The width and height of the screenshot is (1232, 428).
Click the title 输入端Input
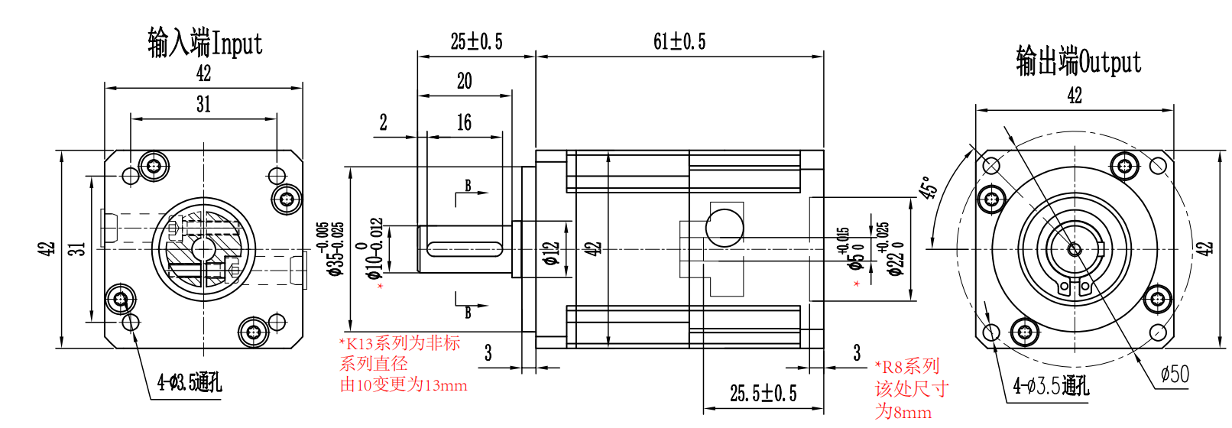pyautogui.click(x=205, y=43)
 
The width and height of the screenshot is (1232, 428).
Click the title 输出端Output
pyautogui.click(x=1078, y=61)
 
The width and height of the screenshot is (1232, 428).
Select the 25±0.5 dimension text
pyautogui.click(x=476, y=41)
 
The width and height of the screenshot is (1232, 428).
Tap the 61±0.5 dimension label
pyautogui.click(x=679, y=41)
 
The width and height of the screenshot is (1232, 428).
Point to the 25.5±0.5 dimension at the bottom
pyautogui.click(x=764, y=394)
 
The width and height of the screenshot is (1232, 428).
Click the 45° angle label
pyautogui.click(x=927, y=187)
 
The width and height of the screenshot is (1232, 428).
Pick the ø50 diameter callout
pyautogui.click(x=1175, y=374)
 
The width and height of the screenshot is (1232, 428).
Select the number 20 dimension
pyautogui.click(x=464, y=82)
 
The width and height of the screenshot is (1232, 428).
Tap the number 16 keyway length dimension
pyautogui.click(x=464, y=122)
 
